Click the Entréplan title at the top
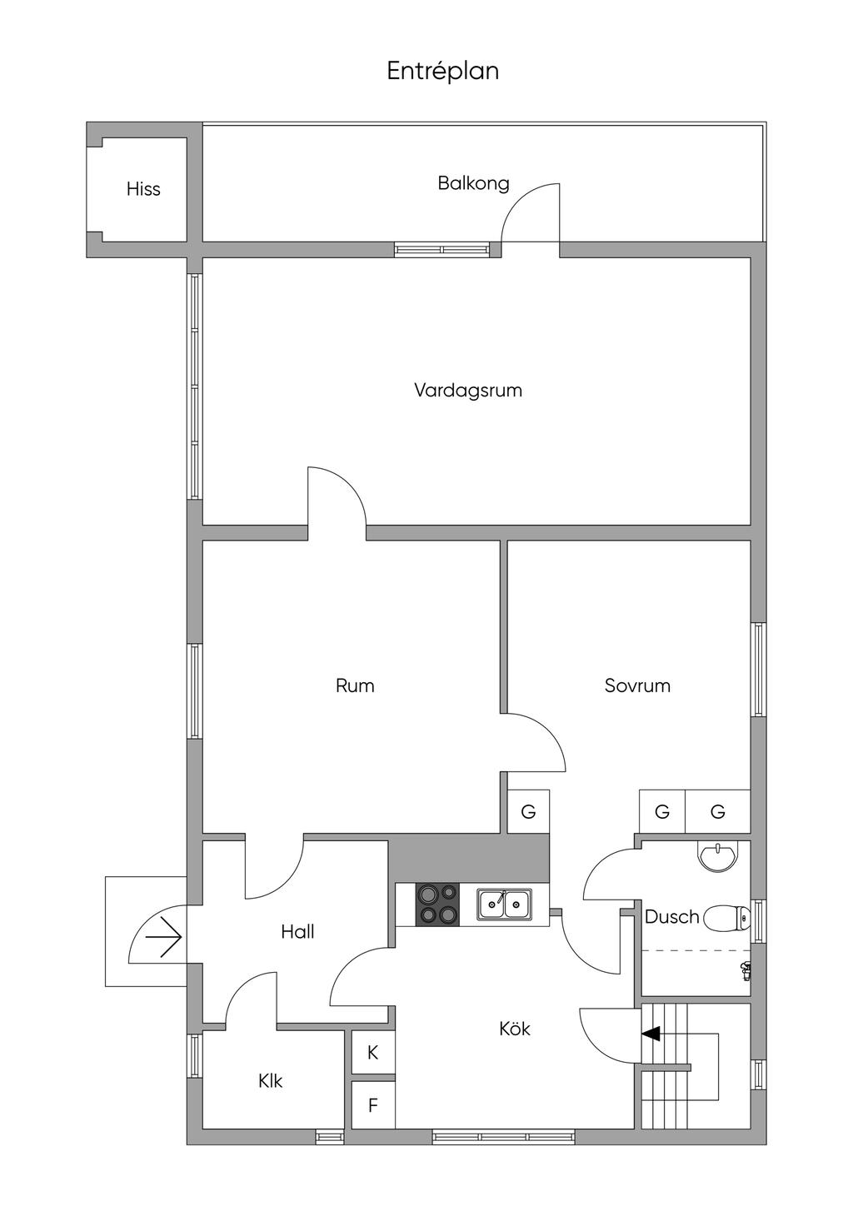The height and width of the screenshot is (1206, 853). point(442,71)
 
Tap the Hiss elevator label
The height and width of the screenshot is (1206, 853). point(143,189)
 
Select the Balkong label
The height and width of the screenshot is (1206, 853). point(473,183)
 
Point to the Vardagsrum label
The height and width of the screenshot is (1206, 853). point(468,391)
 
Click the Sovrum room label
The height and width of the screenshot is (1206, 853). point(637,685)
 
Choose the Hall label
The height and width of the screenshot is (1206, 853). point(297,931)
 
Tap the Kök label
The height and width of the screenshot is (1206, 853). point(514,1029)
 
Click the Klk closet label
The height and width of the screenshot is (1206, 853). point(271,1081)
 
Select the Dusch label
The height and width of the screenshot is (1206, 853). point(671,916)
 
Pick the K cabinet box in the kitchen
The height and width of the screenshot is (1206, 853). point(373,1053)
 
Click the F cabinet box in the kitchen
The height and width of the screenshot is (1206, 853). point(373,1104)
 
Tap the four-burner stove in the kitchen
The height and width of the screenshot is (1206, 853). point(438,904)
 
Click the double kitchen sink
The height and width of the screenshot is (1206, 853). point(504,904)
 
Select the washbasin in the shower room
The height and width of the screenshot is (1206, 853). point(719,855)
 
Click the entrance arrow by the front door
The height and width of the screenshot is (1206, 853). point(164,937)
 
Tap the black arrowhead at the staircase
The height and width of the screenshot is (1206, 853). point(651,1033)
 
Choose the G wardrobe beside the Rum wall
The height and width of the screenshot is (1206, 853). point(528,811)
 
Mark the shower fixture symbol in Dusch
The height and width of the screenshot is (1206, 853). point(746,971)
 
